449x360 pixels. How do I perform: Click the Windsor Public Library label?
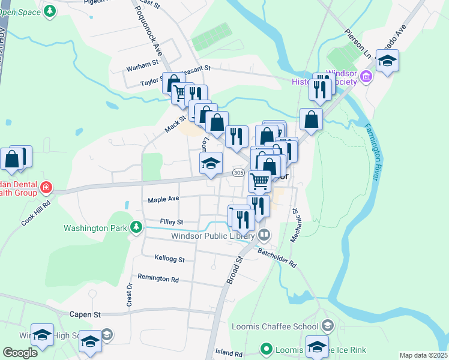click(x=214, y=236)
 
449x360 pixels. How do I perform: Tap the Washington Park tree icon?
click(x=137, y=227)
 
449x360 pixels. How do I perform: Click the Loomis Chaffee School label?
click(x=275, y=327)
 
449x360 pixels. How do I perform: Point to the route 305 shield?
click(x=238, y=173)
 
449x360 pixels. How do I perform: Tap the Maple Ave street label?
click(x=163, y=199)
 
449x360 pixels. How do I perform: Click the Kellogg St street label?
click(x=169, y=260)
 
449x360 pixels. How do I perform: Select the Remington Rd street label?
click(x=158, y=278)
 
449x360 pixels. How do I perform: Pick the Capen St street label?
click(x=85, y=314)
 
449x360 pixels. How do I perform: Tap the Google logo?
click(x=20, y=353)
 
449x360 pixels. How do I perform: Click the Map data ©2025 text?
click(x=423, y=355)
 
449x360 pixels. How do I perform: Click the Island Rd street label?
click(x=229, y=354)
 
